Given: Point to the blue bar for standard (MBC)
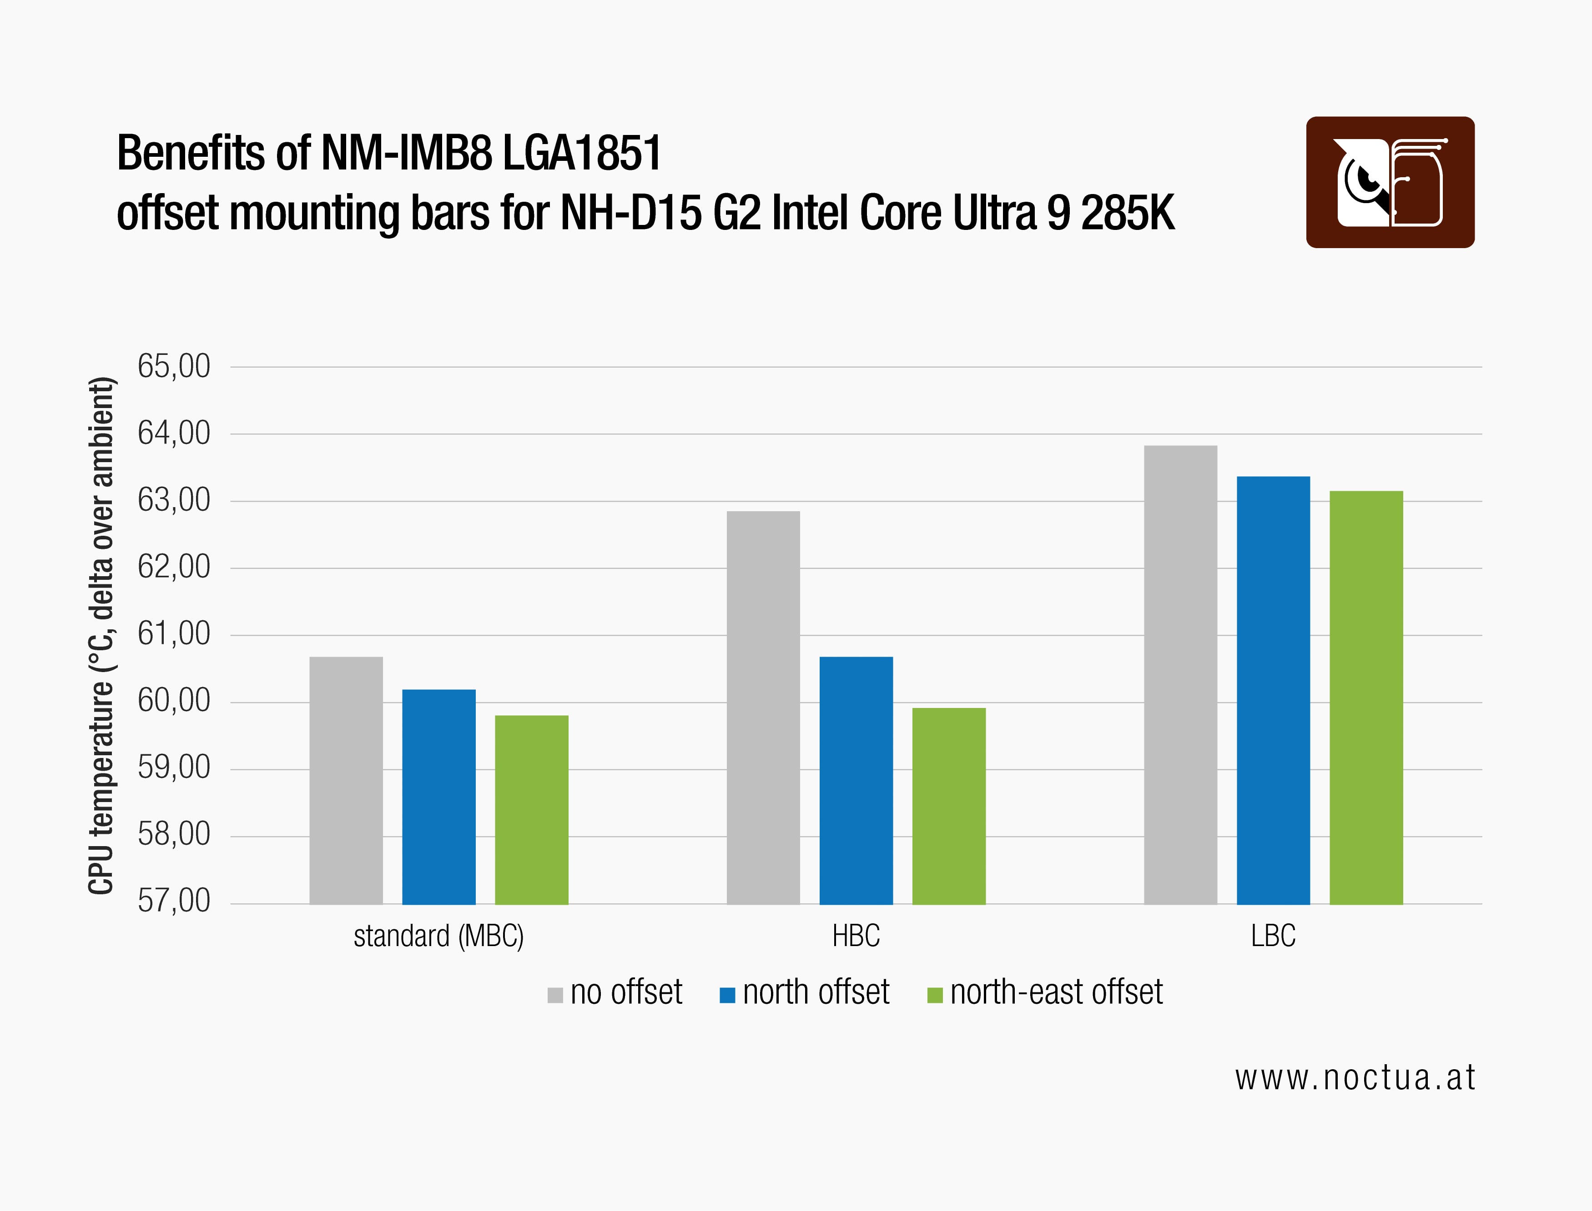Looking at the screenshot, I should pyautogui.click(x=438, y=797).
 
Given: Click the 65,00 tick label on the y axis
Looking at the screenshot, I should pyautogui.click(x=174, y=366).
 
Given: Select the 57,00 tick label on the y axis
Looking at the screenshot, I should pyautogui.click(x=174, y=901).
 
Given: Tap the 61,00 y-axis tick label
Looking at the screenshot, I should pyautogui.click(x=174, y=633).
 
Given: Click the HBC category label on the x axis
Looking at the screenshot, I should pyautogui.click(x=856, y=937).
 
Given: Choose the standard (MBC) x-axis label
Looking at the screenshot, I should pyautogui.click(x=438, y=937).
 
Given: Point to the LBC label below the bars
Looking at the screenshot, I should pyautogui.click(x=1273, y=937).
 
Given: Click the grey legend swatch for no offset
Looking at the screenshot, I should pyautogui.click(x=555, y=996).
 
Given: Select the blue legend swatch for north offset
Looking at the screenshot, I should pyautogui.click(x=727, y=996).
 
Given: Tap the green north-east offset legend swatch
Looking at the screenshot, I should pyautogui.click(x=935, y=996).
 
